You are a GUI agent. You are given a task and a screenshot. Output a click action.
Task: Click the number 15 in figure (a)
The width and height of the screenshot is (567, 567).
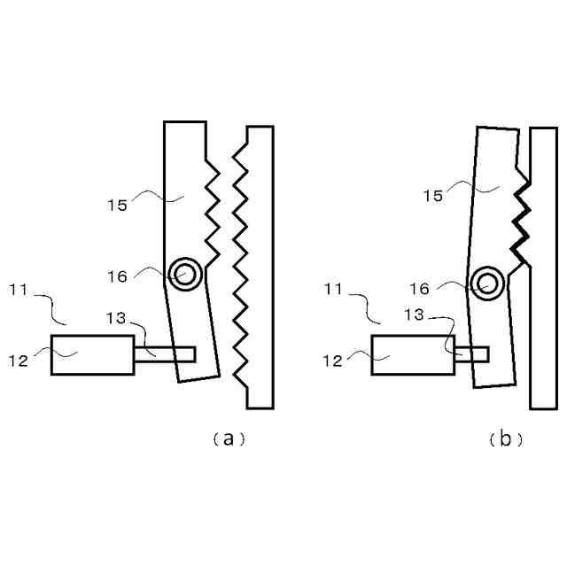(118, 205)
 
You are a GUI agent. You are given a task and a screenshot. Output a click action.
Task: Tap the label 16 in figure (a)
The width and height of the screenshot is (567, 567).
(118, 276)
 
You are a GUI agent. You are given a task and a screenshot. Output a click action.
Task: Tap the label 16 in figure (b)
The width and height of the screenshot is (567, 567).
(421, 288)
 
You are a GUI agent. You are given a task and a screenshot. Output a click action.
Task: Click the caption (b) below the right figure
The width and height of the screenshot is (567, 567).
(506, 439)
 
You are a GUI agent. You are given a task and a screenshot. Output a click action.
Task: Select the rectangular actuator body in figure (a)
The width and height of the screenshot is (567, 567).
(92, 355)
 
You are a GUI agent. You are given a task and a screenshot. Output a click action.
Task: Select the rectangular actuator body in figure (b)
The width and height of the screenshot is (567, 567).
(412, 355)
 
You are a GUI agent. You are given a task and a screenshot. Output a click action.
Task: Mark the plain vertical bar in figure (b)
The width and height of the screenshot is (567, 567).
(543, 266)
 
